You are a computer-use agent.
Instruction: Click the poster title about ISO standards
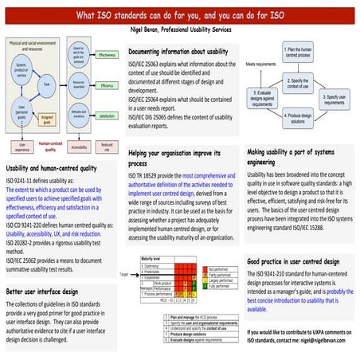179,14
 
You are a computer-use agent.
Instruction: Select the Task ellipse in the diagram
50,84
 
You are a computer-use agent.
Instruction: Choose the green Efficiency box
107,84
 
